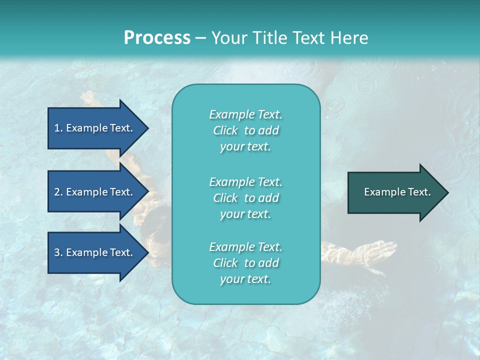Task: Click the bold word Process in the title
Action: pyautogui.click(x=157, y=37)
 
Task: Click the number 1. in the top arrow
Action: pyautogui.click(x=58, y=128)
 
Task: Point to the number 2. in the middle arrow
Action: pyautogui.click(x=58, y=192)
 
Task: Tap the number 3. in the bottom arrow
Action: pyautogui.click(x=58, y=252)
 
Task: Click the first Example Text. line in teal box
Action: pyautogui.click(x=245, y=114)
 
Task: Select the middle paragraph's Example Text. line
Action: pyautogui.click(x=245, y=181)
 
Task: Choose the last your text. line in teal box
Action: pyautogui.click(x=245, y=279)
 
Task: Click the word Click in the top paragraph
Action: pyautogui.click(x=225, y=130)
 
